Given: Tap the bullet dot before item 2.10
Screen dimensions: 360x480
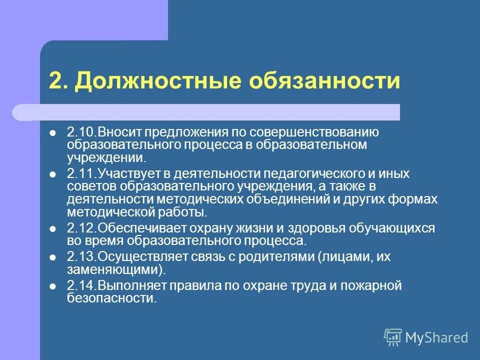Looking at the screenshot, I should click(x=53, y=133).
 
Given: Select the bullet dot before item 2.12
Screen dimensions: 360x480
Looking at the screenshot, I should click(x=53, y=229).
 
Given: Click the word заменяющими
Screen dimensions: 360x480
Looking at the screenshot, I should click(x=114, y=270).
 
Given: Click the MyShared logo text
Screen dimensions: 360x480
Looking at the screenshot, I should click(x=436, y=337).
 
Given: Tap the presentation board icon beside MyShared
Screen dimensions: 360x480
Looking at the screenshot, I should click(x=393, y=337).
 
